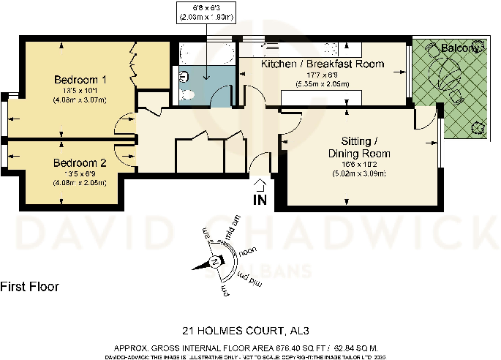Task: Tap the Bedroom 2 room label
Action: pos(80,163)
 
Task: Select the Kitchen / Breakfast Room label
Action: pos(323,64)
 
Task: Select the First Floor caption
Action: pos(30,286)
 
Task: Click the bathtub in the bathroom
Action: pos(206,54)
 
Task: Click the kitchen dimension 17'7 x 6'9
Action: pos(323,74)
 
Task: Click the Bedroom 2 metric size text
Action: pos(80,183)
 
